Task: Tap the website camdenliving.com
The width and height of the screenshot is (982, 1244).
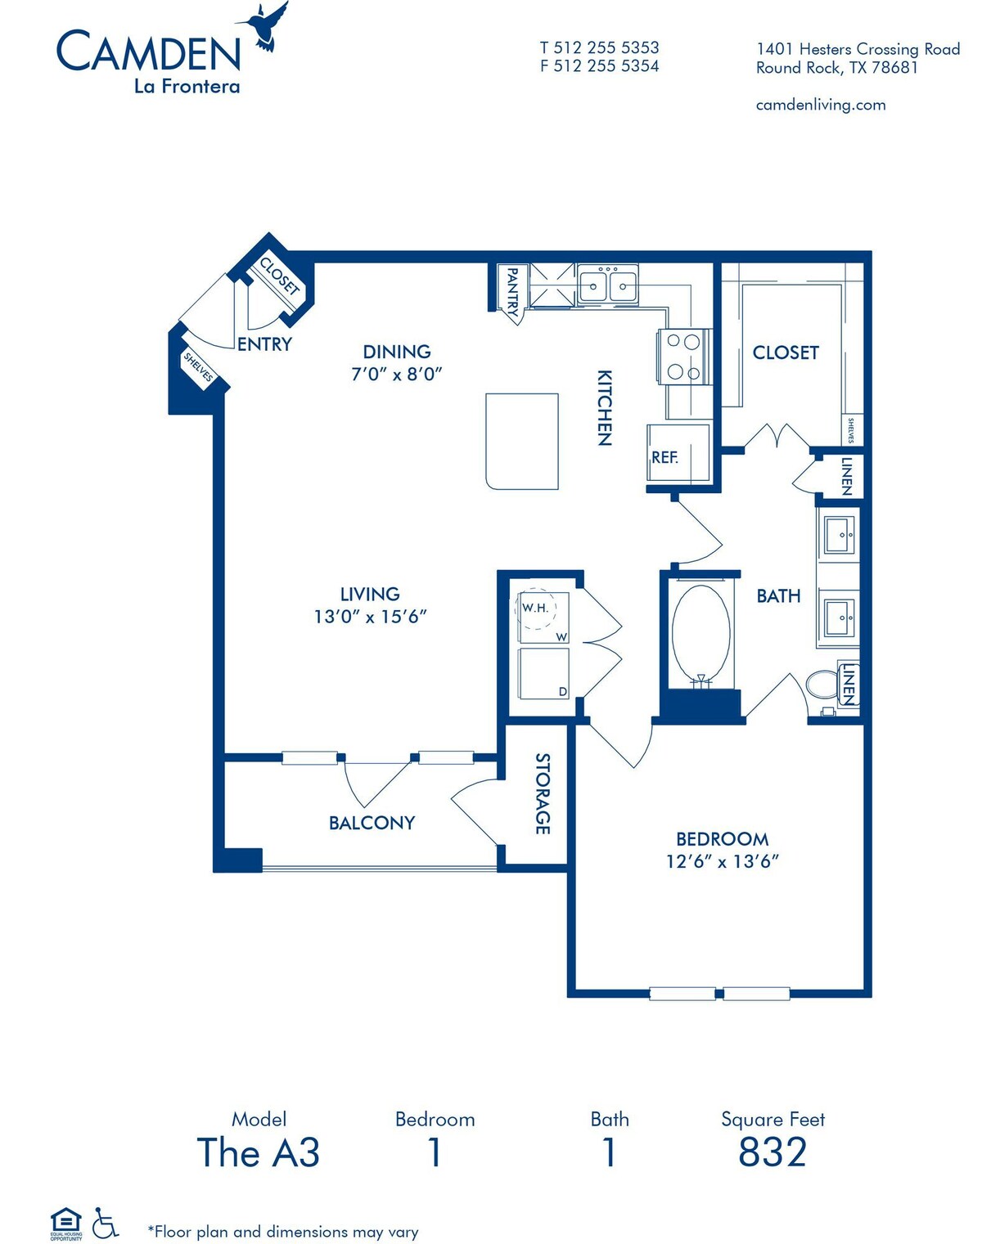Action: tap(821, 105)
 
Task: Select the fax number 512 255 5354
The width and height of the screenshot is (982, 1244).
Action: tap(606, 66)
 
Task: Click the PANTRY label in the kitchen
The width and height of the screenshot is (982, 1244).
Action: tap(512, 291)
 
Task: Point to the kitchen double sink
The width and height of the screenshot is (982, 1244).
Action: tap(607, 285)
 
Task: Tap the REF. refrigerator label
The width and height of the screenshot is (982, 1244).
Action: tap(664, 457)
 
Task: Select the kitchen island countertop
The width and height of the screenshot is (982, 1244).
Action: tap(521, 441)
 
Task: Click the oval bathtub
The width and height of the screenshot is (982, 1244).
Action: tap(701, 632)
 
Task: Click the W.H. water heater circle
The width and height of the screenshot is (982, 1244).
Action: tap(535, 609)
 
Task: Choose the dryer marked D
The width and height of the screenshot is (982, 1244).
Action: tap(543, 673)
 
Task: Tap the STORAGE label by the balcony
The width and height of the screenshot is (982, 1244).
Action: tap(542, 793)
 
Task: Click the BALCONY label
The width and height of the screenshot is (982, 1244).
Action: tap(372, 823)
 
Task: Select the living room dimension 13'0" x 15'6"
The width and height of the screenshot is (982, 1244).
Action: tap(370, 617)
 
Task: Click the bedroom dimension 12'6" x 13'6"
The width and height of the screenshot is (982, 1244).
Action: tap(723, 861)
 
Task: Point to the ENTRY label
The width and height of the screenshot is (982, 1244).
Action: tap(264, 344)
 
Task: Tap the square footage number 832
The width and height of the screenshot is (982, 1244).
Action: tap(773, 1152)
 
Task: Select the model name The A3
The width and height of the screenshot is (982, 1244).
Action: tap(258, 1152)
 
